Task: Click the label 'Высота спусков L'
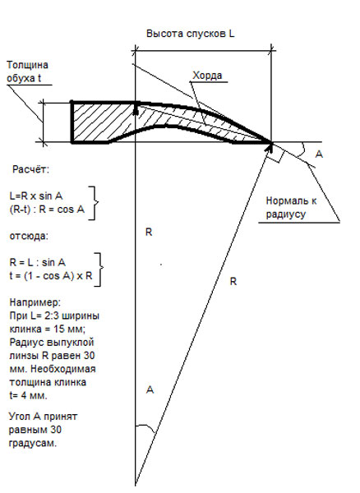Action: pyautogui.click(x=190, y=34)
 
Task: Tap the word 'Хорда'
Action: pyautogui.click(x=207, y=76)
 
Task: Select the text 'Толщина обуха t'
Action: pyautogui.click(x=27, y=71)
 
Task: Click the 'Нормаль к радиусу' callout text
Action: pyautogui.click(x=291, y=208)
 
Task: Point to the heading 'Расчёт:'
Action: pyautogui.click(x=30, y=170)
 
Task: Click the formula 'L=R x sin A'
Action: pyautogui.click(x=36, y=196)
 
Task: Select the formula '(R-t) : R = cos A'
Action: pyautogui.click(x=47, y=210)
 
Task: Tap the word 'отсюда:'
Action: pyautogui.click(x=29, y=236)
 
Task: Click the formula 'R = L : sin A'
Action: pyautogui.click(x=38, y=263)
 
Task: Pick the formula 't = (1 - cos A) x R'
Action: pyautogui.click(x=51, y=276)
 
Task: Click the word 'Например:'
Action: pyautogui.click(x=35, y=302)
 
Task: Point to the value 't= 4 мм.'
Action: pyautogui.click(x=28, y=395)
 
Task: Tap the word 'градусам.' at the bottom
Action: pyautogui.click(x=33, y=444)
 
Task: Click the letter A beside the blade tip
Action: pyautogui.click(x=319, y=154)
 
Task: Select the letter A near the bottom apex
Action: pyautogui.click(x=150, y=389)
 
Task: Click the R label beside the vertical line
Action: pyautogui.click(x=149, y=233)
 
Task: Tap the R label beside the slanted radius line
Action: pyautogui.click(x=233, y=281)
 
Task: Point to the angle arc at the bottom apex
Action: pyautogui.click(x=145, y=426)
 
